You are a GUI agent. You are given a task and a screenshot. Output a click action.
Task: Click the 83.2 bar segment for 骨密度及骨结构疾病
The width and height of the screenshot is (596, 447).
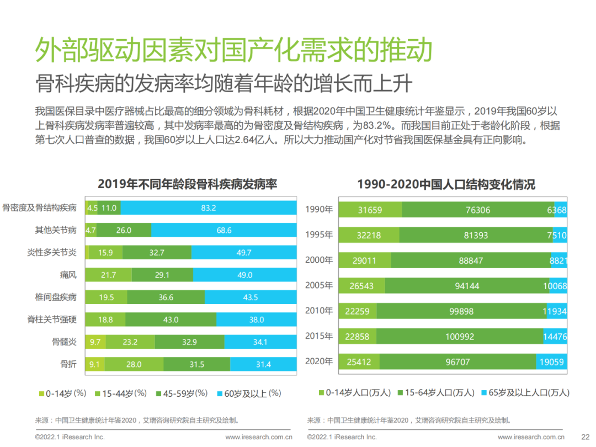click(209, 208)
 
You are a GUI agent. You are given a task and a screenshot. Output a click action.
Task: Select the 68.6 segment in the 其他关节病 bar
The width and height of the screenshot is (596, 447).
click(224, 230)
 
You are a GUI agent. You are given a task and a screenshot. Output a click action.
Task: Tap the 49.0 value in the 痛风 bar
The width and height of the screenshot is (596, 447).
click(244, 275)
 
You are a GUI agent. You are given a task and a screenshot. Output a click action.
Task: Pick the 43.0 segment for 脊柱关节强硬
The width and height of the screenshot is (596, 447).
click(171, 320)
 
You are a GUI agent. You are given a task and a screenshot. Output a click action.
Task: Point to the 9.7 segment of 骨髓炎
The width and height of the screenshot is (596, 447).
click(95, 342)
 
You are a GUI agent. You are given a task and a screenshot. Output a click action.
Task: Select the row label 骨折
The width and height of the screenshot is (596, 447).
click(68, 364)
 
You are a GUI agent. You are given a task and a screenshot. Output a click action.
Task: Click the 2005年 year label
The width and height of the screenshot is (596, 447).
click(319, 285)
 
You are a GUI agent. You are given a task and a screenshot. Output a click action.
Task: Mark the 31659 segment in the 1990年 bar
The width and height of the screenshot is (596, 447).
click(370, 210)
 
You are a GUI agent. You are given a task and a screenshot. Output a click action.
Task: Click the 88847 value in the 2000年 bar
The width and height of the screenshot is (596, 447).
click(471, 260)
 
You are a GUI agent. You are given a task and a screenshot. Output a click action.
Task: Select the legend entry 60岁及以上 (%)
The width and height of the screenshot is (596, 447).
click(249, 393)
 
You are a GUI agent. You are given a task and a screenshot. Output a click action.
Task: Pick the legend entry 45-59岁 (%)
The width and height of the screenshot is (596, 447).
click(182, 393)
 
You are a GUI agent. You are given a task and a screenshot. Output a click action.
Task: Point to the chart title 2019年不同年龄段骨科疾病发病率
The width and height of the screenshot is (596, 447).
click(187, 184)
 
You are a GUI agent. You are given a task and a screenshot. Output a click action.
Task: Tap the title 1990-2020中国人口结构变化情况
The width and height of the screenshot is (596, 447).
click(446, 184)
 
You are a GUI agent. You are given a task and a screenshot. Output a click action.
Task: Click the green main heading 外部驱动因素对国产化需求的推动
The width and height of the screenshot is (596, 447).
click(233, 51)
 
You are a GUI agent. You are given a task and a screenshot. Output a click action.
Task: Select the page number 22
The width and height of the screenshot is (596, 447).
click(586, 437)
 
